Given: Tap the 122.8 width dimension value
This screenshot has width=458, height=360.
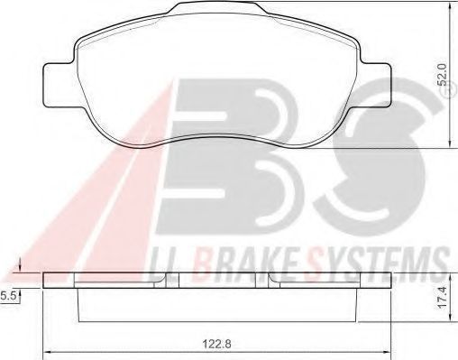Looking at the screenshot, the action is pyautogui.click(x=216, y=344).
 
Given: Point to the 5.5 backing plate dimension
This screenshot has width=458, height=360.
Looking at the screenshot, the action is pyautogui.click(x=7, y=296).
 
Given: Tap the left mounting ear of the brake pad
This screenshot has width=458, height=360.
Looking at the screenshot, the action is pyautogui.click(x=60, y=85).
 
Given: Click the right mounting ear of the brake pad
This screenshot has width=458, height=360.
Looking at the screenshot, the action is pyautogui.click(x=376, y=85).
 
